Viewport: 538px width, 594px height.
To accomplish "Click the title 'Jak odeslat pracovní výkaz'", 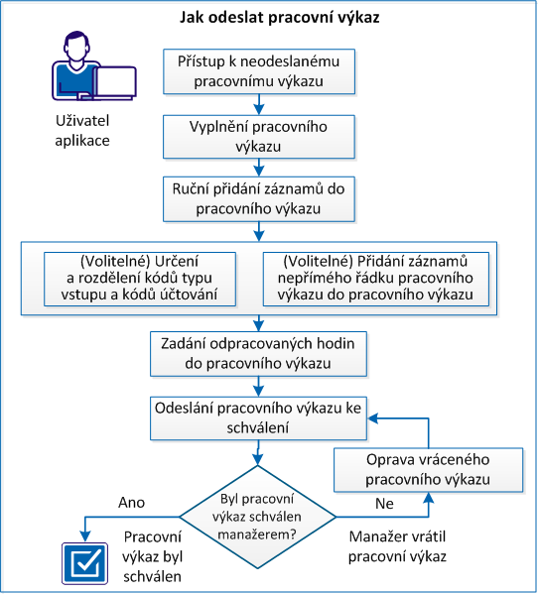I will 268,18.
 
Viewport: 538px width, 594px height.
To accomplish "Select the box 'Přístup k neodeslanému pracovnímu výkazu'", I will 258,71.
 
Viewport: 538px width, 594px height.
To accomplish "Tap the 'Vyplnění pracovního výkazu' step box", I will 258,136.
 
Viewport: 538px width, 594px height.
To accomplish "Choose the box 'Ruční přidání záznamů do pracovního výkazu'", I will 258,197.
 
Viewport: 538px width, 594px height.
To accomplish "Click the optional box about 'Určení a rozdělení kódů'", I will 143,279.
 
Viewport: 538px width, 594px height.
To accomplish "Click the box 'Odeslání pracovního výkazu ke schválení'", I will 258,417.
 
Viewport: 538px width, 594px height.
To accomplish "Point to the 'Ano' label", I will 131,502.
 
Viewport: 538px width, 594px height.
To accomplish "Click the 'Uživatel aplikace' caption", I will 82,130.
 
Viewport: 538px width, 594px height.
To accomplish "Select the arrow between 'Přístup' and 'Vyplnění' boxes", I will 258,103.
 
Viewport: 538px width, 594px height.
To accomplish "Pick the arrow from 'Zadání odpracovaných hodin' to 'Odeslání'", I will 258,388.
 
